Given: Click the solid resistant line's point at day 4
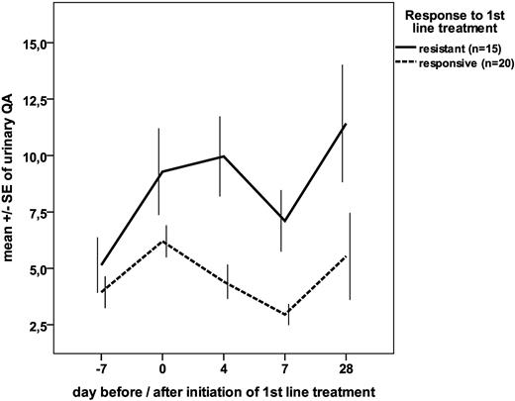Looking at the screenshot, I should pyautogui.click(x=224, y=156).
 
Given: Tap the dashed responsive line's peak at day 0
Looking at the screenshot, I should pyautogui.click(x=162, y=242).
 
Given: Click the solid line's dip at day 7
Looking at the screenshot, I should pyautogui.click(x=284, y=221).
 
